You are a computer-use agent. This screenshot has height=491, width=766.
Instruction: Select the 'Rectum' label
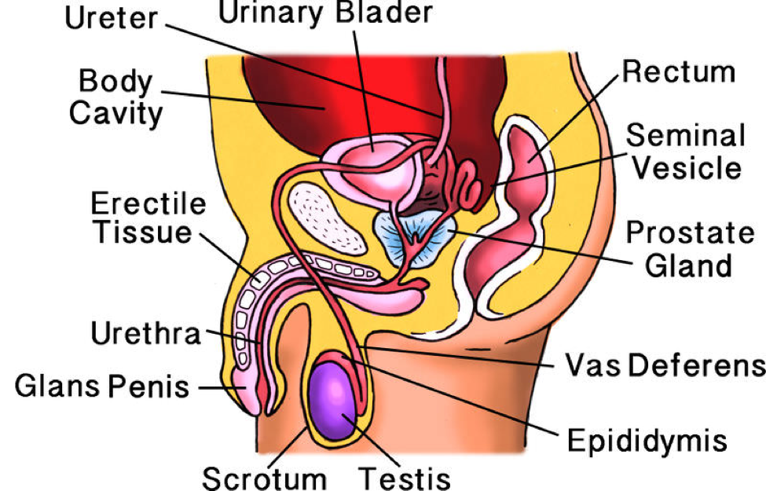tap(679, 72)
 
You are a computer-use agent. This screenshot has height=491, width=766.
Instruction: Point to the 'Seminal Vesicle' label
tap(686, 152)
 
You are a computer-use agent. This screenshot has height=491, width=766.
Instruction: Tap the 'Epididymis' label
tap(647, 439)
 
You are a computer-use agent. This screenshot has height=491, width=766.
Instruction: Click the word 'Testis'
tap(405, 477)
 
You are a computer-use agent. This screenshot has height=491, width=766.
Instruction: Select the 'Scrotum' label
tap(264, 477)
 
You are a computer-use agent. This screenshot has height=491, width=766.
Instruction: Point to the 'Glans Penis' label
tap(102, 387)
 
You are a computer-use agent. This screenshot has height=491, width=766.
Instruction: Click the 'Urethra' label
tap(147, 334)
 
